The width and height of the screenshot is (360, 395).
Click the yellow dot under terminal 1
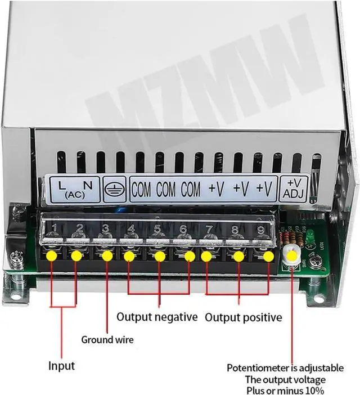coord(52,255)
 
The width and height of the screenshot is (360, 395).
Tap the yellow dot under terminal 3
coord(107,255)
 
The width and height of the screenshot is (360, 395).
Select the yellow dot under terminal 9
coord(269,256)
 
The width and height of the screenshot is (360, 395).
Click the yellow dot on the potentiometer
coord(292,256)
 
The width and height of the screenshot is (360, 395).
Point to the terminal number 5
coord(157,228)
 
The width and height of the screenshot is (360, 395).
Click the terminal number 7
coord(209,229)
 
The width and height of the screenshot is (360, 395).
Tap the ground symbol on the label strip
coord(112,190)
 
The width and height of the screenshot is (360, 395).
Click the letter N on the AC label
coord(87,184)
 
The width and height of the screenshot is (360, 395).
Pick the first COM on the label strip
coord(141,190)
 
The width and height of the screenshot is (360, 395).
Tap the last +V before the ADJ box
coord(264,190)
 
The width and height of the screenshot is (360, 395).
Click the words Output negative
coord(157,317)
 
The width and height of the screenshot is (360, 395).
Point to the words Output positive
coord(243,317)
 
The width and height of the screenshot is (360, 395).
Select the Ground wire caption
coord(107,339)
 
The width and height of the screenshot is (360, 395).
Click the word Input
coord(61,366)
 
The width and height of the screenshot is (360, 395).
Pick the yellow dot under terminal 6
coord(190,256)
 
